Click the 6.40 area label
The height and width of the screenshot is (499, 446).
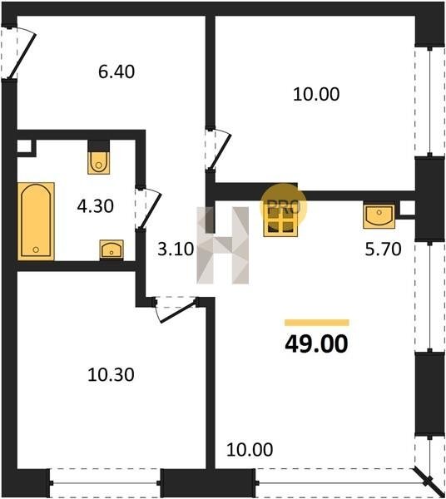point(116,72)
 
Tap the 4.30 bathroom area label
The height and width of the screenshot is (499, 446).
point(95,206)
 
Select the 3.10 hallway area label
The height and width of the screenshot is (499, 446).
point(176,249)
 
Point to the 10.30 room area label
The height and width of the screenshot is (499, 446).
point(111,374)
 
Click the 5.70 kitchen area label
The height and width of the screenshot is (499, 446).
point(383,249)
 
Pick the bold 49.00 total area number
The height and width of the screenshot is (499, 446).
point(316,344)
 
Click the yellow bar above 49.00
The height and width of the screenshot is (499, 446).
point(317,323)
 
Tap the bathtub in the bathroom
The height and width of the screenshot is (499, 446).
point(36,221)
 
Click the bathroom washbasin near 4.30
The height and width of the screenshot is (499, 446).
point(111,249)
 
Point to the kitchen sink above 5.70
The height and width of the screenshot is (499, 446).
point(379,216)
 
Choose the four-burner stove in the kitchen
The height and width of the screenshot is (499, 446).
point(280,221)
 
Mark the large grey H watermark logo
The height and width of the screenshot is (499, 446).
point(222,245)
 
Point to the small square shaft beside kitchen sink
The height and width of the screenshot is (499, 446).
point(407,208)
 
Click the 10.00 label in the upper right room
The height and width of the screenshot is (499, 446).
point(316,94)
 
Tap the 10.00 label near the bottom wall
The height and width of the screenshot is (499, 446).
point(250,449)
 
